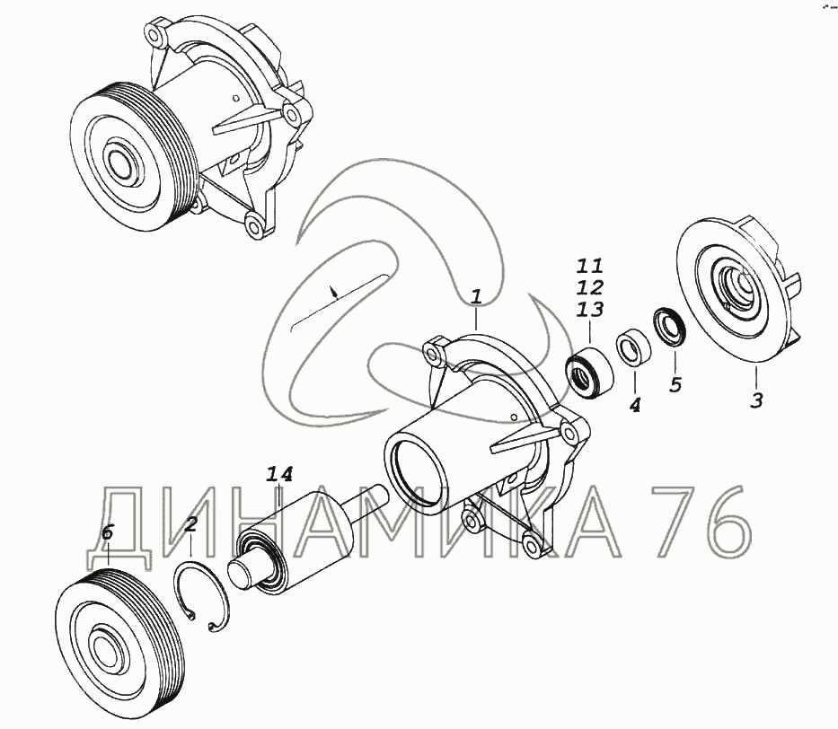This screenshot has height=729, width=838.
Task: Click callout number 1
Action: (476, 297)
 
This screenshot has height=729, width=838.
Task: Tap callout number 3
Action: (756, 400)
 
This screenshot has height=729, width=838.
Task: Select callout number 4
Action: (634, 406)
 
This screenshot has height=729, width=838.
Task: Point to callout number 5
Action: (675, 384)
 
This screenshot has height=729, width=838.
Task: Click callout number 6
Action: (108, 532)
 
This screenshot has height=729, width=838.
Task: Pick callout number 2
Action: (190, 524)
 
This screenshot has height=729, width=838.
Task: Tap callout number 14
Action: (280, 474)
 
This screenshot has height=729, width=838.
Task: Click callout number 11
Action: (590, 266)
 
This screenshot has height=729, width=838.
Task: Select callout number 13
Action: (590, 309)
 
